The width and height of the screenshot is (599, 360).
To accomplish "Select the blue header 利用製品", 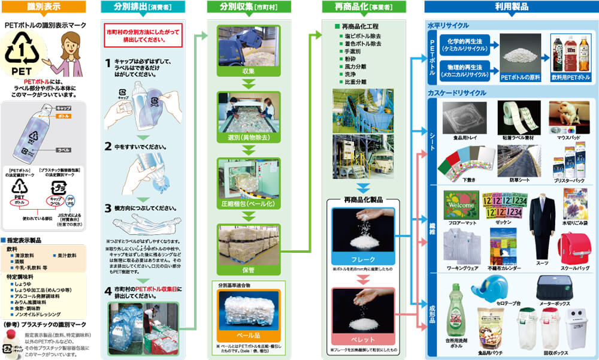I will click(510, 7).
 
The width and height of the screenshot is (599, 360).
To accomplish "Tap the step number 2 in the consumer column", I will click(108, 146).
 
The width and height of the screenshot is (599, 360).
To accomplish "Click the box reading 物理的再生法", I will click(465, 66).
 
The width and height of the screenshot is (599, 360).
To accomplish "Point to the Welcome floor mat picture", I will click(461, 205).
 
